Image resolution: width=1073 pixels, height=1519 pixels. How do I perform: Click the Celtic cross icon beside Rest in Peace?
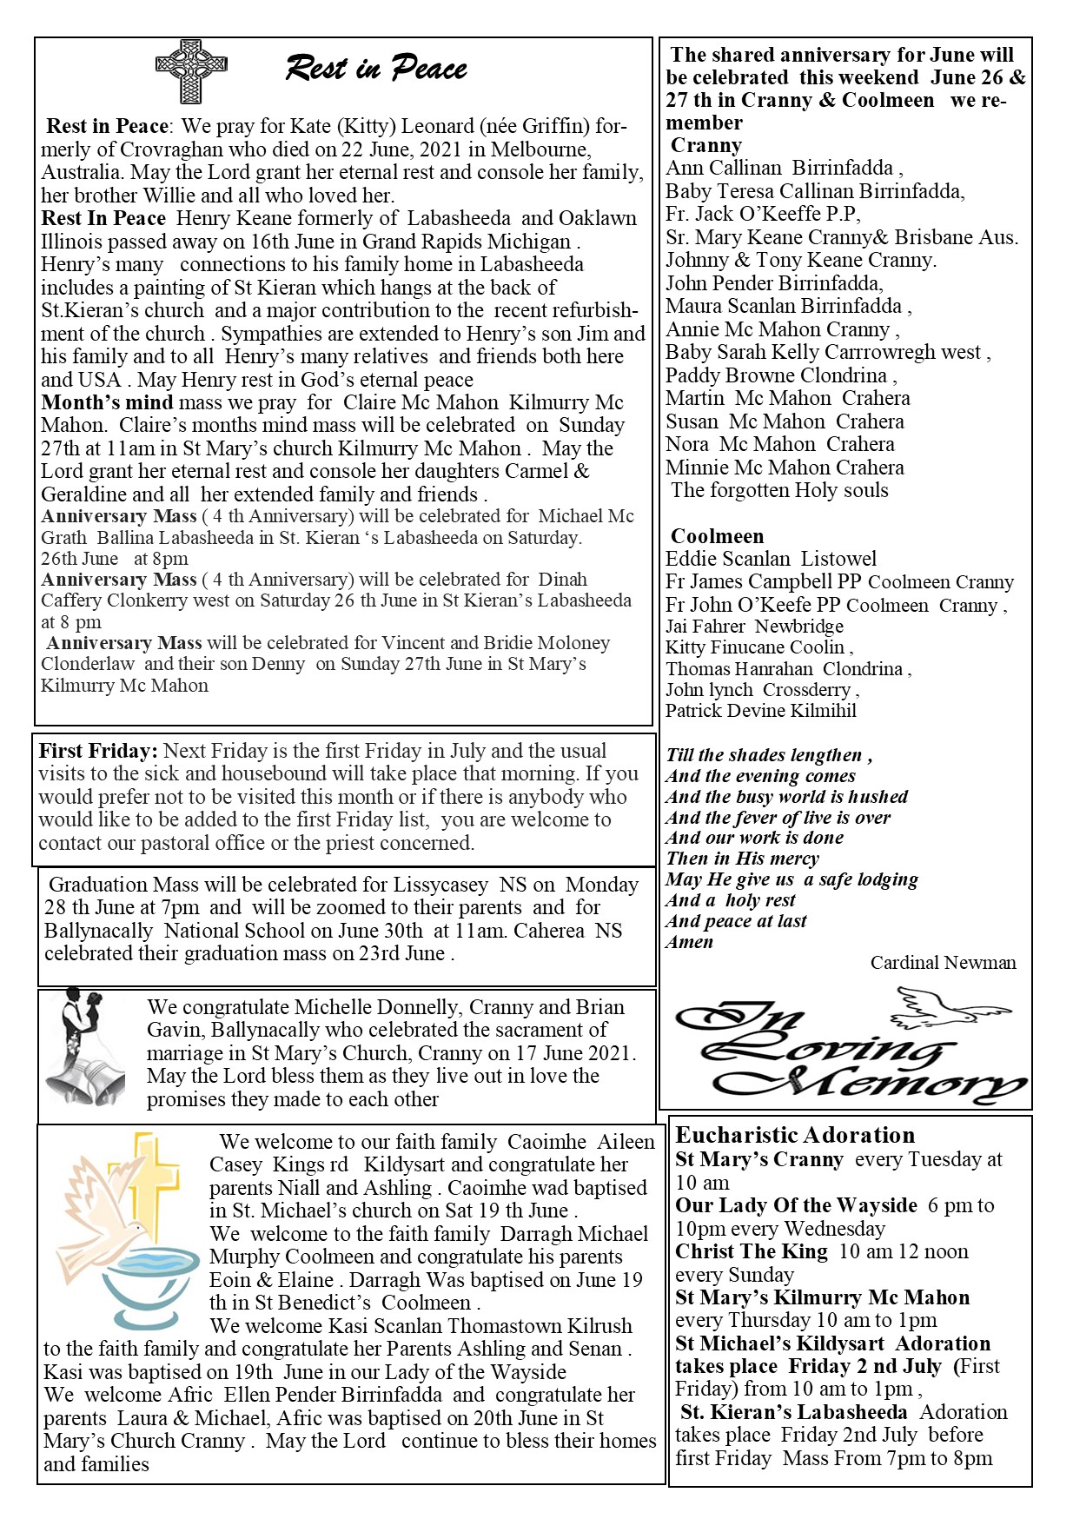(191, 70)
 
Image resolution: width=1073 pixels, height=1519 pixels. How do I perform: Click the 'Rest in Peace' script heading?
(376, 69)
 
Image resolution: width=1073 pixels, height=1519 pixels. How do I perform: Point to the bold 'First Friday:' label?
(98, 751)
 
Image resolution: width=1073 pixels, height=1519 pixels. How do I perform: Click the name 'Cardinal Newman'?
(943, 963)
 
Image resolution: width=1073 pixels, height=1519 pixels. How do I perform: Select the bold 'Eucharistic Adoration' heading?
(795, 1135)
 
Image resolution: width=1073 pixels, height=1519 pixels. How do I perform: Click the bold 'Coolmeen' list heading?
(717, 536)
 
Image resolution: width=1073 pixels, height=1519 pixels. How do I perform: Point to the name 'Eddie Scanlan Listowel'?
(771, 559)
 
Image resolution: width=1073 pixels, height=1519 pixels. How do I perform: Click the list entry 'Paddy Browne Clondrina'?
(777, 375)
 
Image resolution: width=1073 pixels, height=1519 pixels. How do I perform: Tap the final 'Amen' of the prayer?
(689, 942)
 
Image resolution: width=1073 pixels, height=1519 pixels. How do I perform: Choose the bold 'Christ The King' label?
(752, 1251)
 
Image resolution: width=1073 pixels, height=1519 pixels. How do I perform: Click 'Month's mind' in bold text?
(107, 402)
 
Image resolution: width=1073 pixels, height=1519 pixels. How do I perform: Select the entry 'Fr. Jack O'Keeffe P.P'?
(762, 214)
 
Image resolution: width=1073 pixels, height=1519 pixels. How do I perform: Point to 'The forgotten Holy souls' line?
(779, 490)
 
